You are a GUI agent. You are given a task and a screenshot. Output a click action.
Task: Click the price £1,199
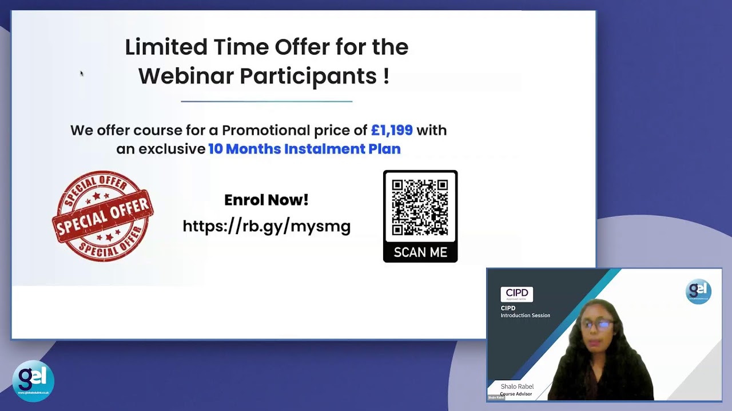pos(392,130)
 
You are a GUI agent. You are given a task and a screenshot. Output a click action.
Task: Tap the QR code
pos(420,208)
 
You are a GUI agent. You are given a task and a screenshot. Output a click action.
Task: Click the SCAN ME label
pos(420,252)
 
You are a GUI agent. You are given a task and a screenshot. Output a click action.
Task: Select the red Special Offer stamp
pos(103,216)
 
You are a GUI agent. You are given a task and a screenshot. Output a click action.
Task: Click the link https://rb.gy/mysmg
pos(266,226)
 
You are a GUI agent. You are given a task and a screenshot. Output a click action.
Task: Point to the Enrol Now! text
pos(266,200)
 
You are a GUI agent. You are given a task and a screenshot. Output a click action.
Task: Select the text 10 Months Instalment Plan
pos(304,149)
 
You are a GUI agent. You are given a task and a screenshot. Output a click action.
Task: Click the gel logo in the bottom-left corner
pos(33,381)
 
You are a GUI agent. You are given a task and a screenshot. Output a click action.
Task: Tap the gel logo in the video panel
pos(698,292)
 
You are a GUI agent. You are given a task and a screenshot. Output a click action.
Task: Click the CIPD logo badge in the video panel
pos(517,294)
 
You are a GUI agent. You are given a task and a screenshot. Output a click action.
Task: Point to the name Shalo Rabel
pos(517,386)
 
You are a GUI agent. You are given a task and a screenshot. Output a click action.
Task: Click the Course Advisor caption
pos(516,394)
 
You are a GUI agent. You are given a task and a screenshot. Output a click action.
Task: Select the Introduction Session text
pos(525,316)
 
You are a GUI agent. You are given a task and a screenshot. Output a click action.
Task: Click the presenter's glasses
pos(597,324)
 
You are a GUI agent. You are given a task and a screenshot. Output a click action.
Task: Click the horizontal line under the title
pos(266,102)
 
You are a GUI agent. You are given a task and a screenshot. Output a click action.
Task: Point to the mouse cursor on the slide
pos(82,73)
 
